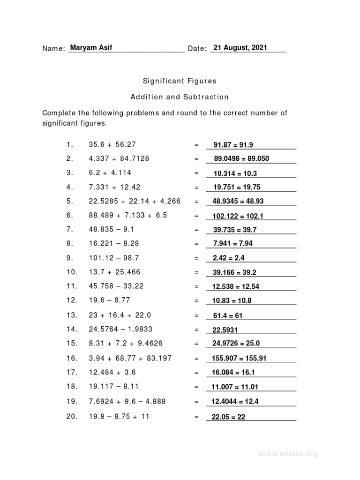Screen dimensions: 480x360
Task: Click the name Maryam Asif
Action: [91, 47]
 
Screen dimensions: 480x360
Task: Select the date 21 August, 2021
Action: [240, 47]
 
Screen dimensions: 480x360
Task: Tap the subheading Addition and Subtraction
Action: [180, 97]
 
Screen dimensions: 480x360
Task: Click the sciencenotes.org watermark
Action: [287, 454]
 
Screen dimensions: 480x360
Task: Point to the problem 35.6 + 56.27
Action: [112, 144]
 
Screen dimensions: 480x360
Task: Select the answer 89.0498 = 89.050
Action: [241, 158]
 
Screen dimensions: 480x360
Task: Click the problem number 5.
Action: [70, 201]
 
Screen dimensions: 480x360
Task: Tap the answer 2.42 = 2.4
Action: [228, 258]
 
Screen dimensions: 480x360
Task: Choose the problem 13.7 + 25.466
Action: [114, 272]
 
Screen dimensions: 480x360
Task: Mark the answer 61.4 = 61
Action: [228, 315]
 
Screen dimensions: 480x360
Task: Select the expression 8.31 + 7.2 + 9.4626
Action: [126, 343]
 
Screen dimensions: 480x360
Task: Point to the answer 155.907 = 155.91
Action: [240, 359]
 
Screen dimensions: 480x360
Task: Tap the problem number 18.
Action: [71, 387]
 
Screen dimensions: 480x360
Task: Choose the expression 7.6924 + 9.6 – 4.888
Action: [127, 401]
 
